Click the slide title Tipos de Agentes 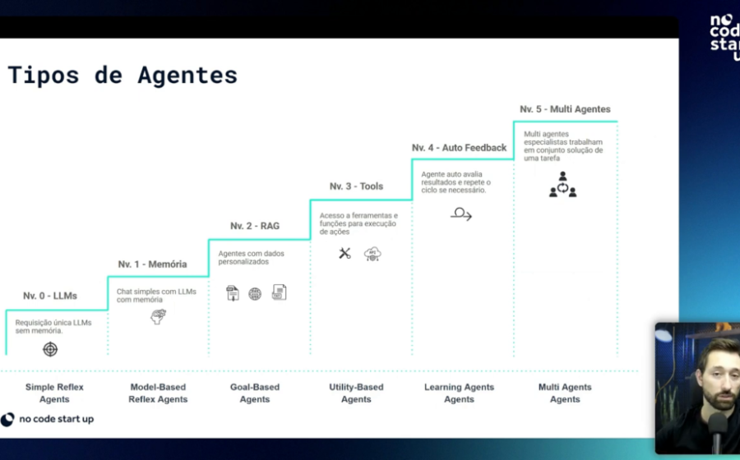click(x=123, y=76)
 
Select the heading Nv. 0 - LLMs click(x=50, y=296)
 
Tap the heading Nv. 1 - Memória click(x=152, y=264)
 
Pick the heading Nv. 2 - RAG click(x=255, y=226)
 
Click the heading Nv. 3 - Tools click(x=356, y=186)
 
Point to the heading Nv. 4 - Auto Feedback click(x=459, y=148)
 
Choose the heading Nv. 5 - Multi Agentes click(x=565, y=109)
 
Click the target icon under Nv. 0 click(x=50, y=349)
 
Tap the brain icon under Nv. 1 click(x=158, y=316)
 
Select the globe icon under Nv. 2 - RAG click(x=255, y=294)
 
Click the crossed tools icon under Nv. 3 click(x=345, y=254)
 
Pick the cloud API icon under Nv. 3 click(x=372, y=254)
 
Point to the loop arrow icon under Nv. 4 click(x=461, y=214)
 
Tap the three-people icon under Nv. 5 click(x=562, y=184)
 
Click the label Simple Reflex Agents click(x=54, y=393)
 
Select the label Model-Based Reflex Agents click(x=158, y=393)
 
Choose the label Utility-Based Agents click(x=356, y=393)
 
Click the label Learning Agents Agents click(x=459, y=393)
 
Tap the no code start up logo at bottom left click(x=47, y=419)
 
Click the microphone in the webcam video click(x=717, y=431)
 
